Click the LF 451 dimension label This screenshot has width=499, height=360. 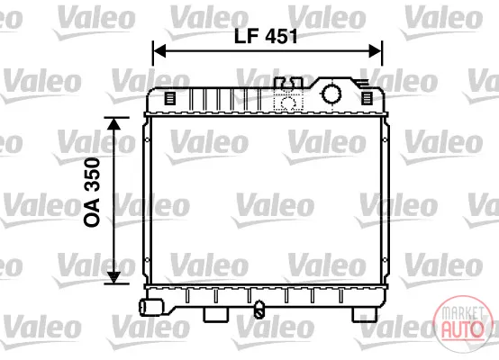click(x=266, y=36)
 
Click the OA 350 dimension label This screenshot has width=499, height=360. click(x=92, y=192)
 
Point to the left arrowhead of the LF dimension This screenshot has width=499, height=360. click(x=159, y=51)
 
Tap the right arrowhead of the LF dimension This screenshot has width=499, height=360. click(x=376, y=51)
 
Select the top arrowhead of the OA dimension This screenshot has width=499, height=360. click(x=113, y=123)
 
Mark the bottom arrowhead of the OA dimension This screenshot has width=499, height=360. click(x=113, y=277)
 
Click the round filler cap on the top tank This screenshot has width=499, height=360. click(x=331, y=94)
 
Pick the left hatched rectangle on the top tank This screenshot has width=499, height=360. click(x=169, y=98)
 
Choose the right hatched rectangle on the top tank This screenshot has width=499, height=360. click(x=367, y=98)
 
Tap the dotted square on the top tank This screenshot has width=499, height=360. click(x=288, y=103)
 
